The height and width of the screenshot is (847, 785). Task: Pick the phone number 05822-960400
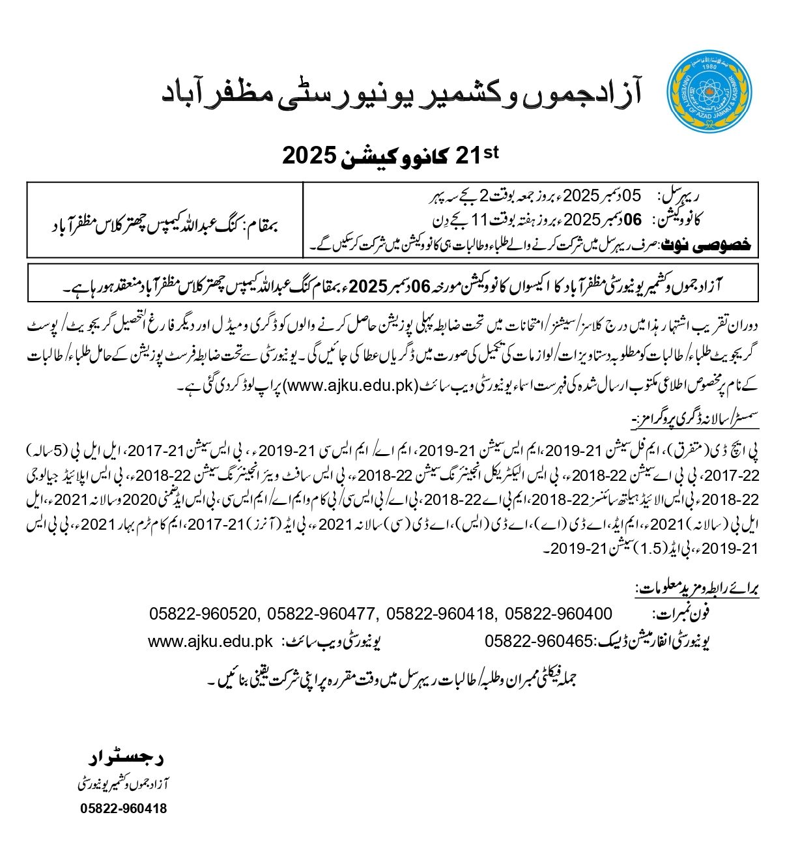558,614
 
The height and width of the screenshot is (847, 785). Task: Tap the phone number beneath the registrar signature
123,809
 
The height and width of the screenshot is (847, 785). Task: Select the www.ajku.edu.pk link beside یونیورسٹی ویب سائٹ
210,642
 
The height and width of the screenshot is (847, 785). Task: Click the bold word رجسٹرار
125,758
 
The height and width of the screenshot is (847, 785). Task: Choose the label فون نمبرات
681,614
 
